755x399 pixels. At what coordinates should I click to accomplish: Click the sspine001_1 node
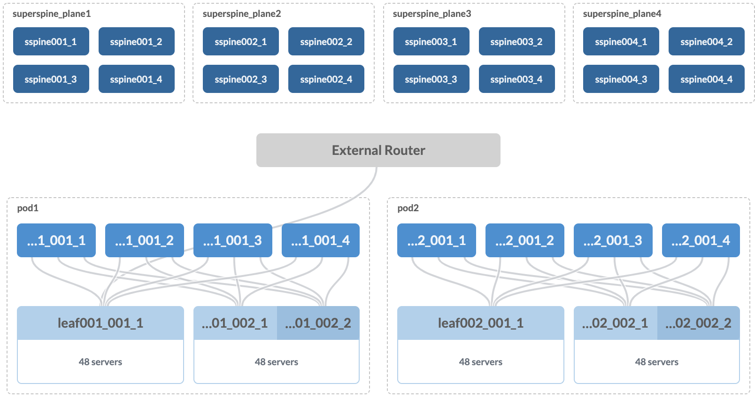point(51,41)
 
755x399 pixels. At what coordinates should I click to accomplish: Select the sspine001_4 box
point(136,79)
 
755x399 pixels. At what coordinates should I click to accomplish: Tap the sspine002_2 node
point(326,41)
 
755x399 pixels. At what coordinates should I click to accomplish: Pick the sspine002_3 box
point(240,79)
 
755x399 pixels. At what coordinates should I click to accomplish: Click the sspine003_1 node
point(431,41)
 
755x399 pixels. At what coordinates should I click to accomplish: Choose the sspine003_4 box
point(516,79)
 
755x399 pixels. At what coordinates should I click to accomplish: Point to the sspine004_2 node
point(706,41)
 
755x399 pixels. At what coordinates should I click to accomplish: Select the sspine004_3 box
point(621,79)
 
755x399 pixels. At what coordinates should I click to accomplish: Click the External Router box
point(378,150)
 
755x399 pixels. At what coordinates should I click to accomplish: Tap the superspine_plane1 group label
point(52,14)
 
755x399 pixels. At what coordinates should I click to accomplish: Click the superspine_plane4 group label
point(622,14)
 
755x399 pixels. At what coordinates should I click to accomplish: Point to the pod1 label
point(28,208)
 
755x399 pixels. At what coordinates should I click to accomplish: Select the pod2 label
point(408,208)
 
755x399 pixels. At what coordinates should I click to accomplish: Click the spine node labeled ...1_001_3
point(232,240)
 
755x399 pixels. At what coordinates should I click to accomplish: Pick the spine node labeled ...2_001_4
point(701,240)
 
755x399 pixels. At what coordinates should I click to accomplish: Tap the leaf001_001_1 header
point(100,323)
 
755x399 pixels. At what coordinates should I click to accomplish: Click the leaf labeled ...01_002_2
point(318,323)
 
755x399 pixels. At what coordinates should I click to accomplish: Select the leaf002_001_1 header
point(480,323)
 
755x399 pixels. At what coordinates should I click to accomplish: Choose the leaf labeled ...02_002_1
point(615,323)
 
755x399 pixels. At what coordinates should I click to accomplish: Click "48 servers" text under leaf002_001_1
point(480,362)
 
